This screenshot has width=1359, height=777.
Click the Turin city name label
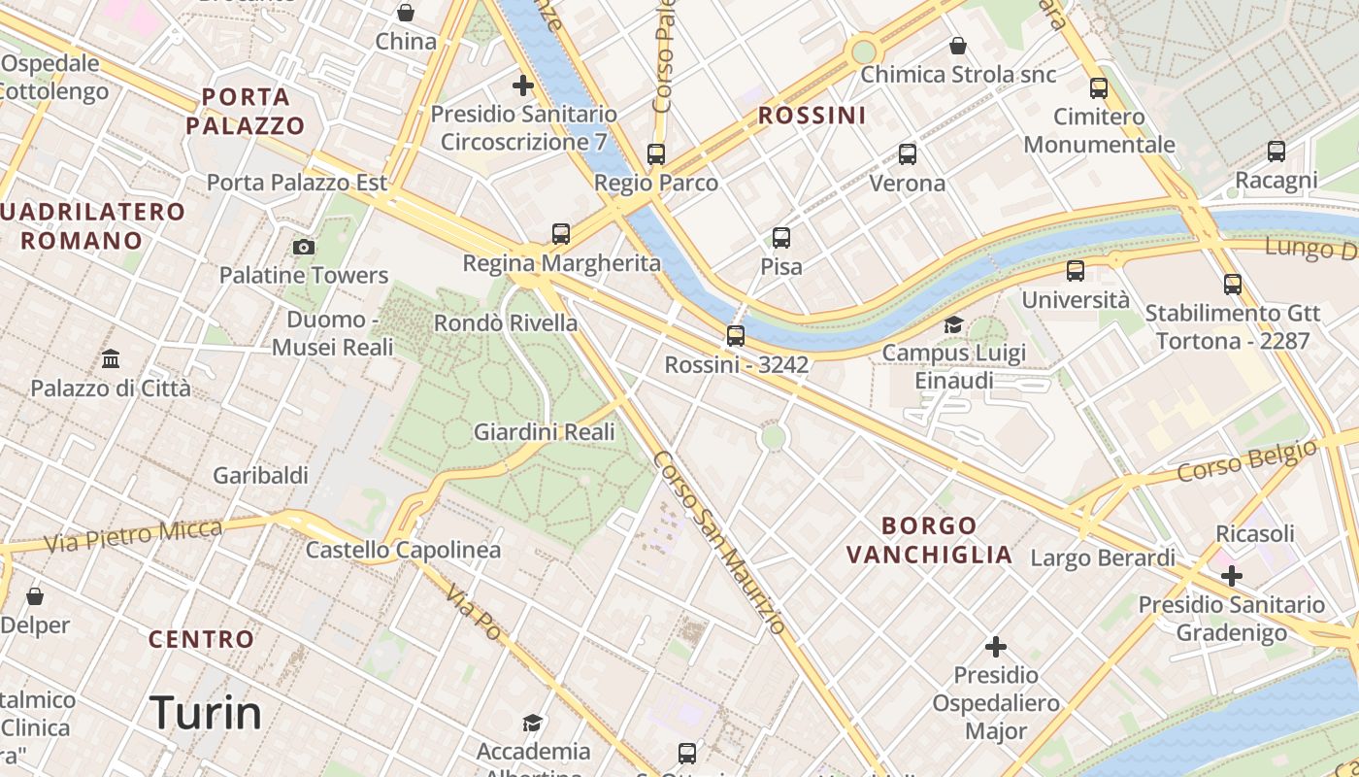tap(206, 714)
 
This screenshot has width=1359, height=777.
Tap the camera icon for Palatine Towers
tap(304, 247)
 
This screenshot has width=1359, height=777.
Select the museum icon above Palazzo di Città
tap(111, 359)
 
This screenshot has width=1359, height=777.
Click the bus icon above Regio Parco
tap(656, 153)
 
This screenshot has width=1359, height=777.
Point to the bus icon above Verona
tap(908, 153)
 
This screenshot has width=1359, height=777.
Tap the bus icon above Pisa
tap(781, 237)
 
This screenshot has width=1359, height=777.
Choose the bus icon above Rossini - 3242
tap(736, 336)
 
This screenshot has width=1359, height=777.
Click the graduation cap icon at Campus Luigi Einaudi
tap(953, 324)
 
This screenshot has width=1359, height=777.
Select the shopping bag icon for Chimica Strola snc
tap(958, 46)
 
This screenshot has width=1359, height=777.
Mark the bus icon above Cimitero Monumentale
tap(1099, 87)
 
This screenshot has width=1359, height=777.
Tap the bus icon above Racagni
tap(1276, 151)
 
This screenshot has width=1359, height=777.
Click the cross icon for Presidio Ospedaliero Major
tap(996, 646)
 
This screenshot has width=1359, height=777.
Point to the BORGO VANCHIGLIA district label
tap(930, 540)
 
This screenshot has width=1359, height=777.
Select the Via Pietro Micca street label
tap(134, 535)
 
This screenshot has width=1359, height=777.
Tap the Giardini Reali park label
tap(545, 432)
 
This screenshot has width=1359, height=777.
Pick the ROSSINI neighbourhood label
tap(812, 116)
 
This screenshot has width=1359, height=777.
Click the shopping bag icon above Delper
tap(35, 595)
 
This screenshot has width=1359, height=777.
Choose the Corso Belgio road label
tap(1248, 458)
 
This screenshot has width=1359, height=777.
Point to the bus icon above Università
tap(1076, 271)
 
